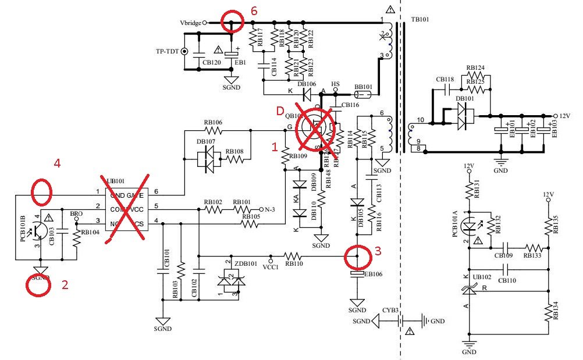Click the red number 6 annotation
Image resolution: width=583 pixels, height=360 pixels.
tap(253, 11)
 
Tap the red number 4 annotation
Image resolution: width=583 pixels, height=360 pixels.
tap(57, 164)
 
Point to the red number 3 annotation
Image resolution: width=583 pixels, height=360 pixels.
tap(378, 251)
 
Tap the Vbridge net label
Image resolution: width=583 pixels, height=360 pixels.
tap(191, 23)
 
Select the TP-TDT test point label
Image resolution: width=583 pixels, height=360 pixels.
tap(168, 51)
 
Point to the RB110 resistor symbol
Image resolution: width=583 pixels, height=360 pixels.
tap(294, 256)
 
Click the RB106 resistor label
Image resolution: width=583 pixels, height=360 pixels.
tap(214, 123)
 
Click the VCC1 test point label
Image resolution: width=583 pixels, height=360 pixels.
tap(270, 267)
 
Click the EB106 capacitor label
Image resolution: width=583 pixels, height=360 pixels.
tap(373, 273)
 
